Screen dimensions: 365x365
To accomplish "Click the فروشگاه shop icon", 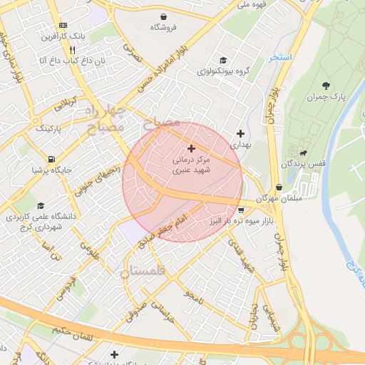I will [165, 16].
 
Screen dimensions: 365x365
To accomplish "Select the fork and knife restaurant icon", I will [72, 50].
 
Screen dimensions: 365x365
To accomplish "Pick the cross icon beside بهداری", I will [240, 133].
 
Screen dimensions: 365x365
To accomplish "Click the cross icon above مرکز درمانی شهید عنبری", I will [190, 148].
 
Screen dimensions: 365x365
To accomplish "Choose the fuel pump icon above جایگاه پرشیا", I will [51, 159].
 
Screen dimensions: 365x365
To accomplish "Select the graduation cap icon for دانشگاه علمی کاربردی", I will [40, 205].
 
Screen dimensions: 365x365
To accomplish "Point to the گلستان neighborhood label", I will [142, 272].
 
